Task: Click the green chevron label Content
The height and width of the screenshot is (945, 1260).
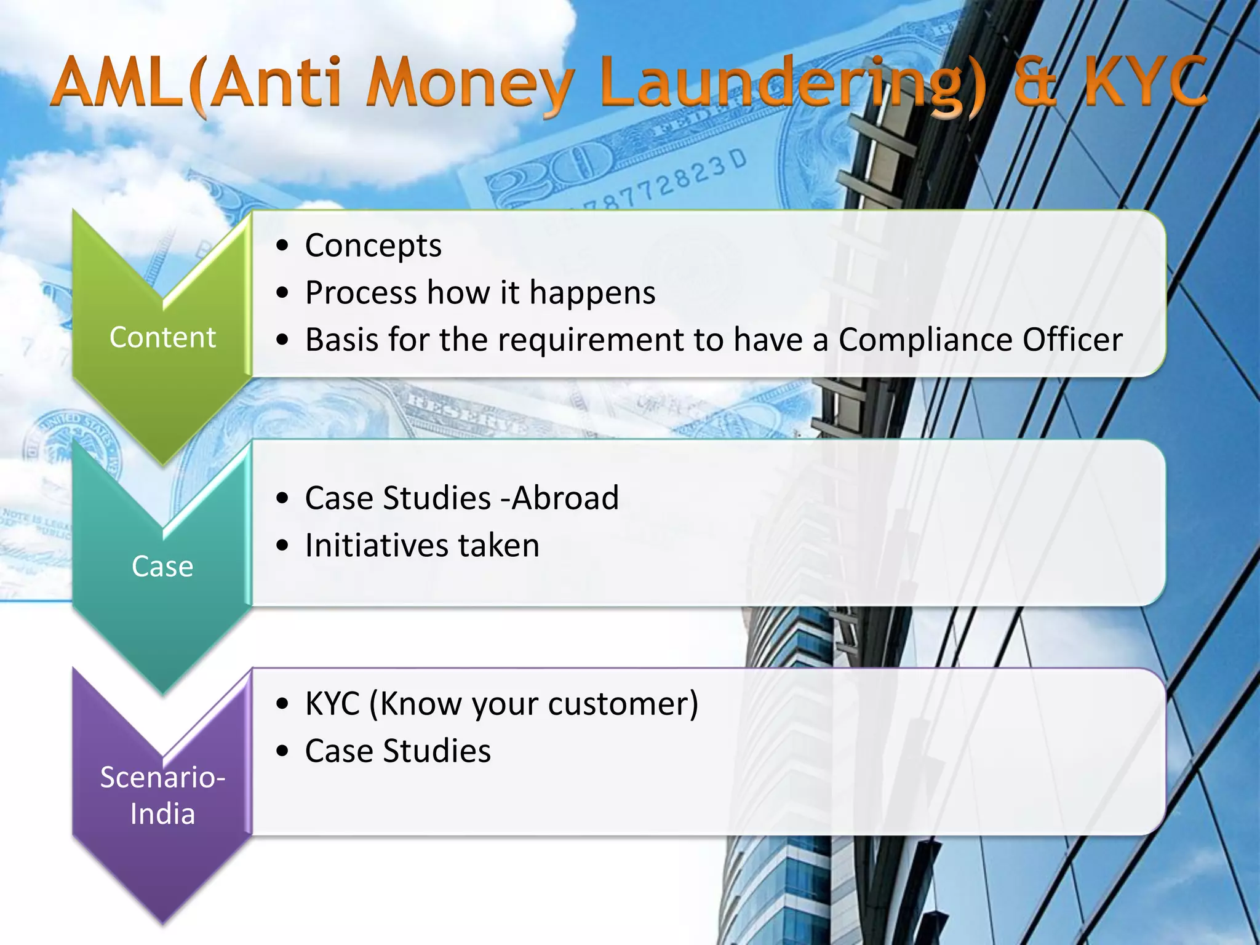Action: pos(162,337)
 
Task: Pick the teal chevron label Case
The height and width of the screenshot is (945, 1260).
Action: pos(162,566)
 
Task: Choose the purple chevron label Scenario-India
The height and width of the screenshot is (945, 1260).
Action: pos(162,795)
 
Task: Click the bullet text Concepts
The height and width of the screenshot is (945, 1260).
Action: pos(373,245)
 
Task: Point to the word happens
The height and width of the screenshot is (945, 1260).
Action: pos(592,293)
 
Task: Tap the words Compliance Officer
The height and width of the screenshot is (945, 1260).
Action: pos(980,340)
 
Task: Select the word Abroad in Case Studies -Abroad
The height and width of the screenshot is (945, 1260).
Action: pos(565,498)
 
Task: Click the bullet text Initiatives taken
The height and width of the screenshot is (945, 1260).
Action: pos(422,545)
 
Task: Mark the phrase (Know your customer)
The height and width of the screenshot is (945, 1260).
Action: pos(533,703)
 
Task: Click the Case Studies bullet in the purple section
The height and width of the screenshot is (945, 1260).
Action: pos(397,751)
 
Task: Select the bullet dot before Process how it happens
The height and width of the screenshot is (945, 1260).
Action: pos(282,293)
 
